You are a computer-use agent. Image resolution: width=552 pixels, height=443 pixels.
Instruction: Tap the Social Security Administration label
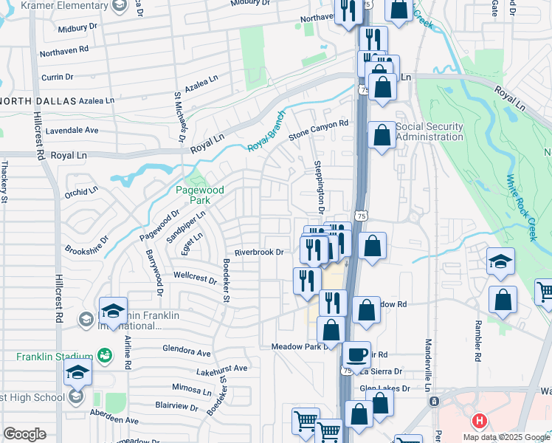429,131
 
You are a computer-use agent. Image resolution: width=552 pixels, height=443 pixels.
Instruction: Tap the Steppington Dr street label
320,185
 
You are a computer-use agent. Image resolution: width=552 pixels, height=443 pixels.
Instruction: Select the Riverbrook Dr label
259,252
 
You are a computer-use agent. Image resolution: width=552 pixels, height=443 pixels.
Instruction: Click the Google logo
24,434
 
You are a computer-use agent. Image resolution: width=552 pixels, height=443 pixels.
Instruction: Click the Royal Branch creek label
266,137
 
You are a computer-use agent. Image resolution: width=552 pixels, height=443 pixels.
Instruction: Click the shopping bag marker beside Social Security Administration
382,136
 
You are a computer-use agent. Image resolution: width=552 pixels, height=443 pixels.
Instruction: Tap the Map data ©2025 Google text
506,437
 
